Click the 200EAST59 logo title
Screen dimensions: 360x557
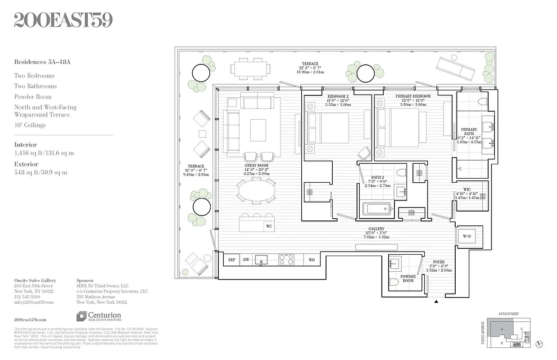(x=63, y=20)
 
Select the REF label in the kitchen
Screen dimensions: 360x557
(x=232, y=260)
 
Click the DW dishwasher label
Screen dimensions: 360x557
(x=246, y=260)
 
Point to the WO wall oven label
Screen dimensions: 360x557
(x=312, y=260)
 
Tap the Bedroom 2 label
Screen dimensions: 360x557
(x=337, y=96)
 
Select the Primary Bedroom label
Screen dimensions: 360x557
(x=412, y=96)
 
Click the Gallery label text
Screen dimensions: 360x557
(x=376, y=229)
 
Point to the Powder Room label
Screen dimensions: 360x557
(x=408, y=278)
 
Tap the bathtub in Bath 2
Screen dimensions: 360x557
(x=377, y=209)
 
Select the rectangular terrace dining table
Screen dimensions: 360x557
(x=251, y=69)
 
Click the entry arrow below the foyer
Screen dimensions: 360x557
(x=436, y=302)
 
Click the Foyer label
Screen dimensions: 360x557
(x=439, y=262)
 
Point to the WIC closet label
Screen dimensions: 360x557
(x=466, y=189)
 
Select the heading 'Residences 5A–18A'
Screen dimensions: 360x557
(x=42, y=62)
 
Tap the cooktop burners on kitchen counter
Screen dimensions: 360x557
(x=286, y=260)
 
